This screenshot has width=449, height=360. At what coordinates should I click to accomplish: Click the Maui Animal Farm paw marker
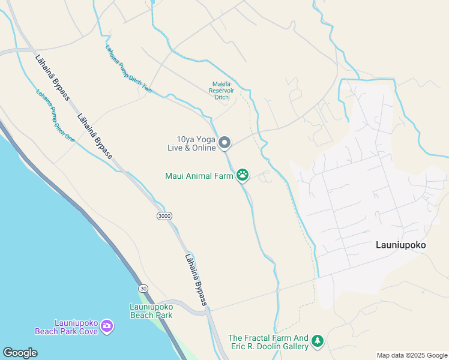click(243, 175)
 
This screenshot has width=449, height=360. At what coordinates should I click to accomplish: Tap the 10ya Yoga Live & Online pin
click(224, 142)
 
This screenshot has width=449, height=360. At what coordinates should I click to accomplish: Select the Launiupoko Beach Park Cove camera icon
click(107, 326)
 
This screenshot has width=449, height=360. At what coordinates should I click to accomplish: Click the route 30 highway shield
click(143, 289)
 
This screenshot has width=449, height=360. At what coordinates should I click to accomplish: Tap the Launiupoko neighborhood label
click(400, 245)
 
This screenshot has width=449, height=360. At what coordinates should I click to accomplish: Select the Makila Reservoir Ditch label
click(221, 90)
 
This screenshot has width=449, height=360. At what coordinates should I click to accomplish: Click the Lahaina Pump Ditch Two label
click(128, 69)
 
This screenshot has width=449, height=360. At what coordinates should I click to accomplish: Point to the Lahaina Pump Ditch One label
click(55, 115)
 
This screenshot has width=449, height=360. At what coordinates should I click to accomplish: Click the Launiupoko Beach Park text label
click(151, 311)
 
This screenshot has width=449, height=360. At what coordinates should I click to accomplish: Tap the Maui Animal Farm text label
click(199, 176)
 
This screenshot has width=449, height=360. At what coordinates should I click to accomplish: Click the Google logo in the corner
click(20, 353)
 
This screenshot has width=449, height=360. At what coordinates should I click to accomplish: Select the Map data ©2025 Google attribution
click(412, 355)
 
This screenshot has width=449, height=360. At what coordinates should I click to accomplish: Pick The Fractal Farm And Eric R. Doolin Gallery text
click(268, 343)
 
